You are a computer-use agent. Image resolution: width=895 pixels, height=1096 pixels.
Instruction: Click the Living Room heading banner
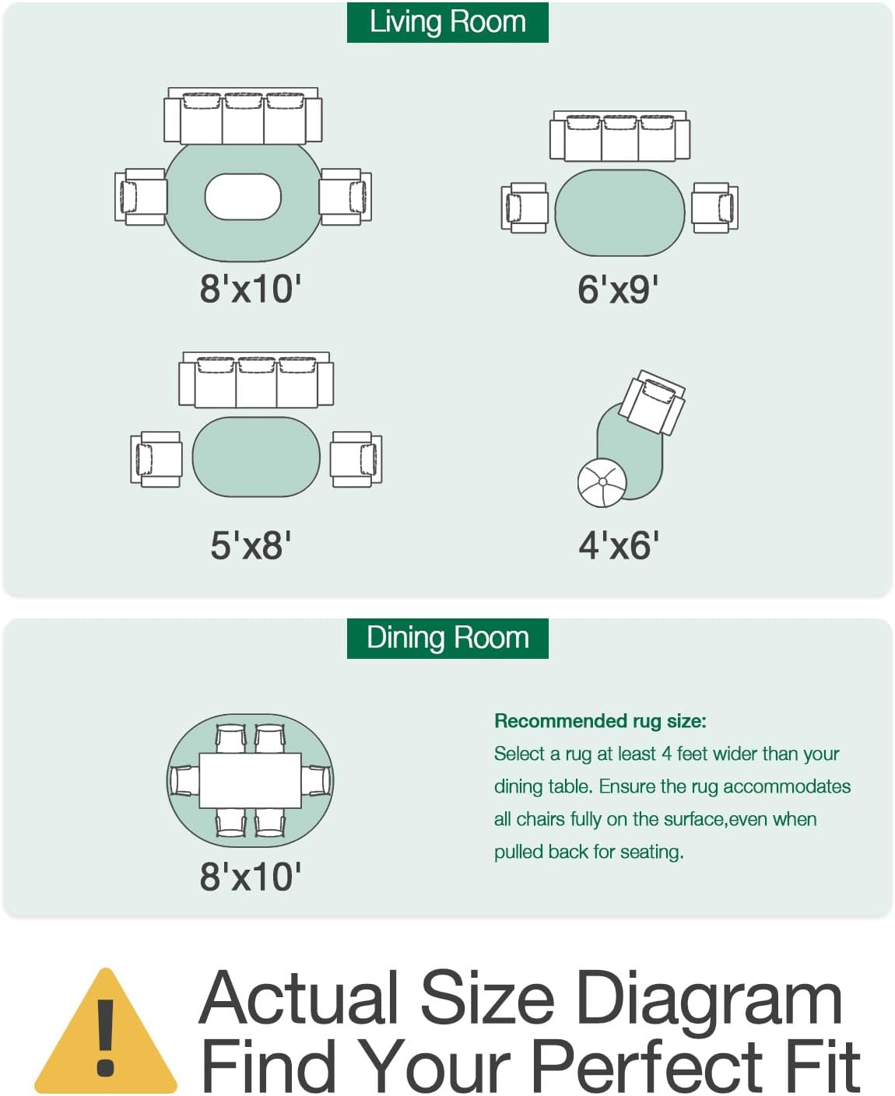click(x=447, y=23)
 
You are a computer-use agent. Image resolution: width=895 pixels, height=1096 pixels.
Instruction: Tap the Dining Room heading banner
click(x=447, y=638)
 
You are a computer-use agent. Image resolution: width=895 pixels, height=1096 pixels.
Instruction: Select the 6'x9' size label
click(x=618, y=289)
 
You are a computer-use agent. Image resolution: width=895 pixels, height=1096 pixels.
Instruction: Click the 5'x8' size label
click(x=251, y=545)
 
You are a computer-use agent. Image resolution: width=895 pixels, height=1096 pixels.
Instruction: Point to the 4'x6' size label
click(x=619, y=545)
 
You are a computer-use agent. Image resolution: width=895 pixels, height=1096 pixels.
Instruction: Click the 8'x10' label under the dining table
click(x=250, y=877)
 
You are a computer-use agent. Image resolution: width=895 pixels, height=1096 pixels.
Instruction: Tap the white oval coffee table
click(x=243, y=197)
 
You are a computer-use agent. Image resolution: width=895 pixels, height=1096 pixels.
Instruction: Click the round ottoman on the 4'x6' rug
click(x=602, y=482)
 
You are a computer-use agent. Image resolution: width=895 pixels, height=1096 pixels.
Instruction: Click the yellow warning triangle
click(x=106, y=1034)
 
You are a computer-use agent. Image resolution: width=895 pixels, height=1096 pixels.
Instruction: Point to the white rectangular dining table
click(x=250, y=780)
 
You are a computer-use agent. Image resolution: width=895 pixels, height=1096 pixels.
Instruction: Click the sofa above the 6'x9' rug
click(x=620, y=135)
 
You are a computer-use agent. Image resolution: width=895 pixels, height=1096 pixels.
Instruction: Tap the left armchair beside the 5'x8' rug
click(x=156, y=459)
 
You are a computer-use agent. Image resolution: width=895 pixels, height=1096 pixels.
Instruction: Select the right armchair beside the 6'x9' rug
click(x=715, y=208)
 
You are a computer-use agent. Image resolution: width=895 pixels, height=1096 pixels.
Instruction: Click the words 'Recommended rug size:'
click(x=600, y=721)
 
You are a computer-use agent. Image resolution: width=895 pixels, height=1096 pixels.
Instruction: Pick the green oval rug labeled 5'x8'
click(x=256, y=457)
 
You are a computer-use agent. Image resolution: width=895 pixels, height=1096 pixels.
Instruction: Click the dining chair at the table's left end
click(x=184, y=780)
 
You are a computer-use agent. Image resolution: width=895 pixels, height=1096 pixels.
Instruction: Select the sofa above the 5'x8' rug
click(x=256, y=380)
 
